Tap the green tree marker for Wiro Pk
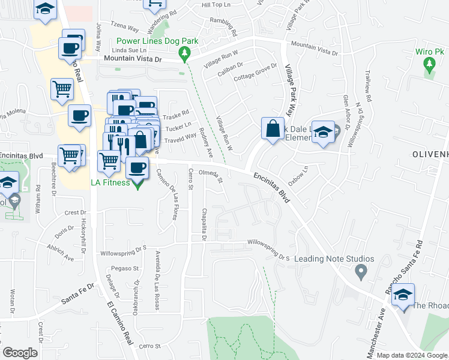pyautogui.click(x=429, y=67)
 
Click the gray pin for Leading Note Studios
pyautogui.click(x=361, y=272)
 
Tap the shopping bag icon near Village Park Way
pyautogui.click(x=273, y=129)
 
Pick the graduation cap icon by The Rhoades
pyautogui.click(x=405, y=296)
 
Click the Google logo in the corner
pyautogui.click(x=20, y=353)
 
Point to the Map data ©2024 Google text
pyautogui.click(x=411, y=355)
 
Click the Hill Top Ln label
pyautogui.click(x=216, y=5)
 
